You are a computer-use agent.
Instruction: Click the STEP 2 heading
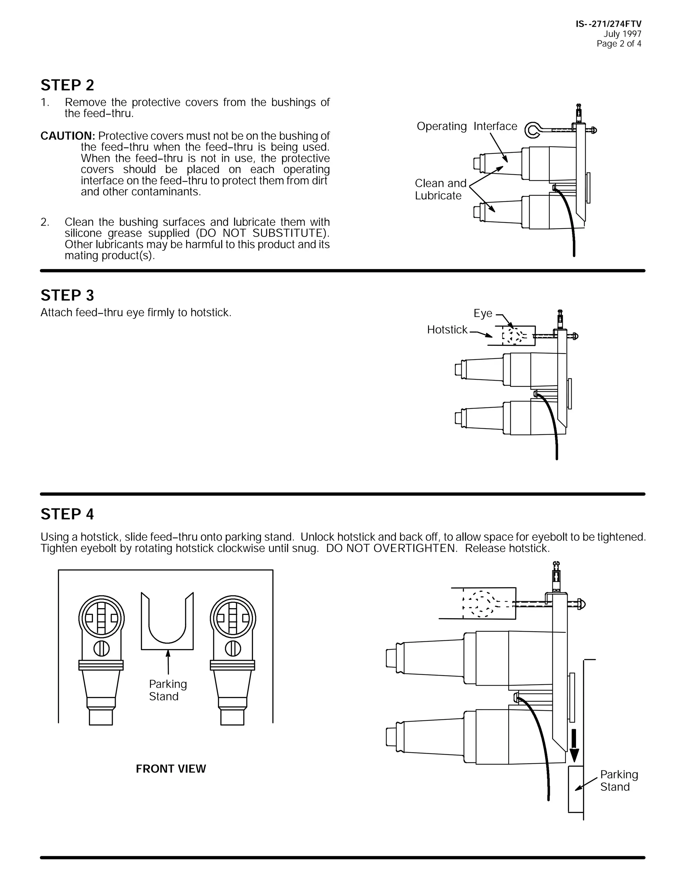pos(67,85)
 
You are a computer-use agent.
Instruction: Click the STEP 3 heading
pos(67,296)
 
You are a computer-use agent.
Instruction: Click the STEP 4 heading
pos(67,514)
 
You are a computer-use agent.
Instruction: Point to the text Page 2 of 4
pos(619,44)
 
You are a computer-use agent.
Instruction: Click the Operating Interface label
pos(466,126)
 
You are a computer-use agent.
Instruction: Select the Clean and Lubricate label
pos(440,189)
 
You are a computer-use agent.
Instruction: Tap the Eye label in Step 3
pos(483,314)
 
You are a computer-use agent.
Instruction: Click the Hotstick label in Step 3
pos(447,330)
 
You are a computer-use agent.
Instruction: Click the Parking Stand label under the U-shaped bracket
pos(167,690)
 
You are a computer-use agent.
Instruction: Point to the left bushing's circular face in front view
pos(101,619)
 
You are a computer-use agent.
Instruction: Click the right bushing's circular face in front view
pos(233,619)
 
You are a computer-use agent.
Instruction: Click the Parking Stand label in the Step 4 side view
pos(619,781)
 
